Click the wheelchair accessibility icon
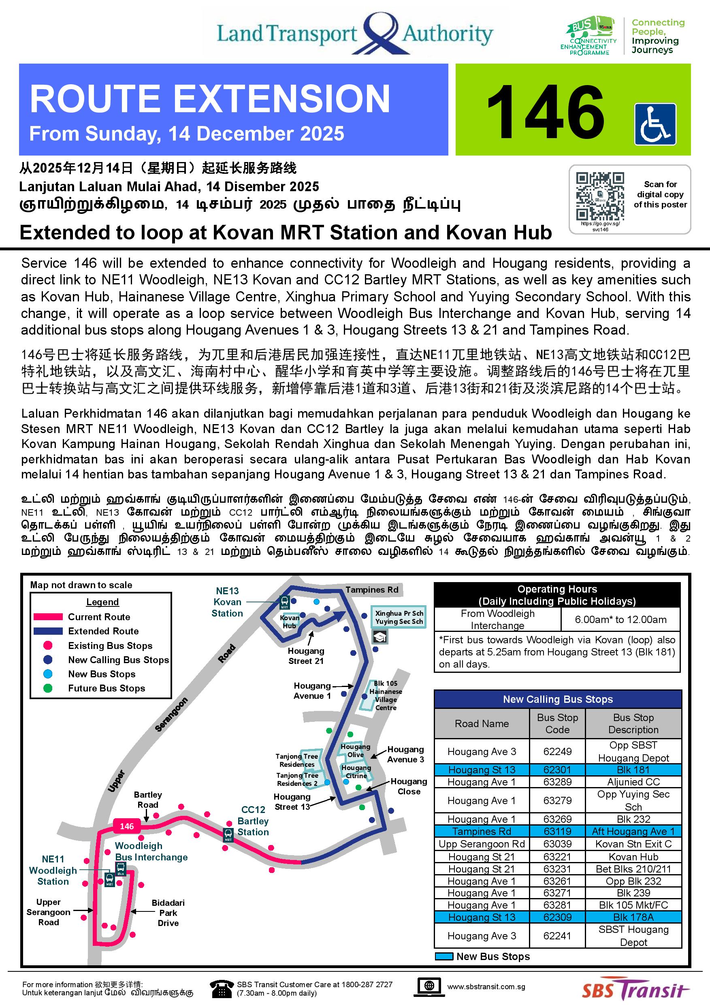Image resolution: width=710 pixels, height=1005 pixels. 655,124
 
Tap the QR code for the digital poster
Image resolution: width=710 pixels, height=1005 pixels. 600,196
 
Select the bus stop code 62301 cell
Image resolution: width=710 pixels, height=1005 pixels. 557,770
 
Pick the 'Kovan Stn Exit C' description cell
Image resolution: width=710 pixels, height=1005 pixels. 633,843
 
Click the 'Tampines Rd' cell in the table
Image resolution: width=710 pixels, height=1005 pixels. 482,831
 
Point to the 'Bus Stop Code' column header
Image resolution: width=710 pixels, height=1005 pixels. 557,723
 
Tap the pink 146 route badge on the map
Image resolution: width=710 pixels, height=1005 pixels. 126,826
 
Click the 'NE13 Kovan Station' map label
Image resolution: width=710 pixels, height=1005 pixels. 227,602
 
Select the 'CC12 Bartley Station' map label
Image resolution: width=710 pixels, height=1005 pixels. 253,821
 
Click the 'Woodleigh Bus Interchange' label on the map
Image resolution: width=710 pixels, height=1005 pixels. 151,851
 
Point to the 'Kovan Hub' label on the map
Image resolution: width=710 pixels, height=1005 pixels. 289,621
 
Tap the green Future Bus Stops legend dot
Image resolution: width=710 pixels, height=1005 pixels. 48,688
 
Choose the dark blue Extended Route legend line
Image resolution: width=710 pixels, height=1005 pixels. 48,631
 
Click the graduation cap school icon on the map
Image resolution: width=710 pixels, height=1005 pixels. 380,637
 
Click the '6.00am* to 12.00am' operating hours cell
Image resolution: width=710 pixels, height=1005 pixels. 620,619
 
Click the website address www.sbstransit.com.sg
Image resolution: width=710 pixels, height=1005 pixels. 486,987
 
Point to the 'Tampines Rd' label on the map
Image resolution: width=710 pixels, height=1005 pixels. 372,590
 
